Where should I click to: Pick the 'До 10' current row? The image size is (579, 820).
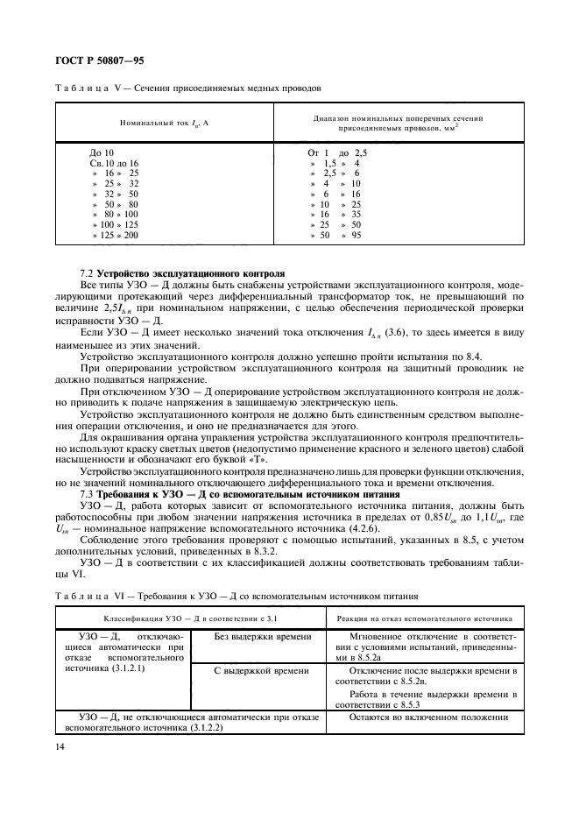click(x=102, y=152)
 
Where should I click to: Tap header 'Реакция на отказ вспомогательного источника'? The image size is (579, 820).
click(x=430, y=617)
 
